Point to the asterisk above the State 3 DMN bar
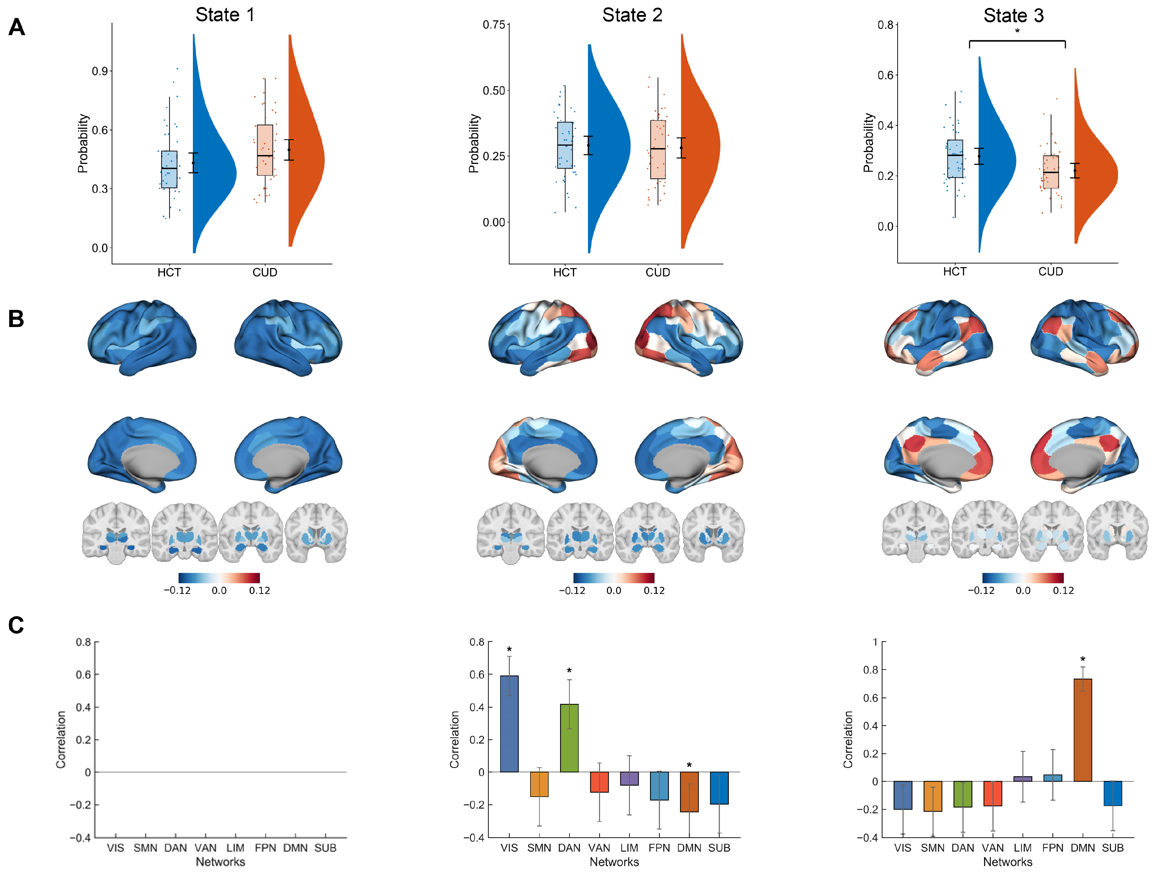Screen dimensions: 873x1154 pyautogui.click(x=1083, y=660)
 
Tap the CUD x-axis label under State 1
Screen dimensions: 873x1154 pyautogui.click(x=265, y=272)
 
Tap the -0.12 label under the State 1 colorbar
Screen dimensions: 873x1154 pyautogui.click(x=177, y=590)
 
